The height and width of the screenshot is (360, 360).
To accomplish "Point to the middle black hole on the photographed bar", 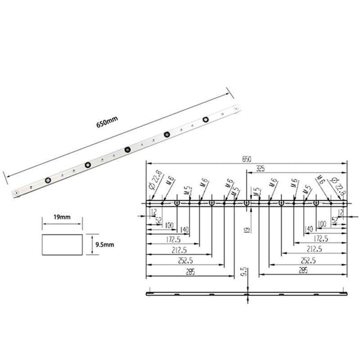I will coord(127,149).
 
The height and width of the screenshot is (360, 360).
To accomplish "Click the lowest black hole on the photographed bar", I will coord(47,178).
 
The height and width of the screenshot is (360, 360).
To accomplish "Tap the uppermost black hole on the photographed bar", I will coord(206,119).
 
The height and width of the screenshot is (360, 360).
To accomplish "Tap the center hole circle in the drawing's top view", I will coord(247,204).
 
